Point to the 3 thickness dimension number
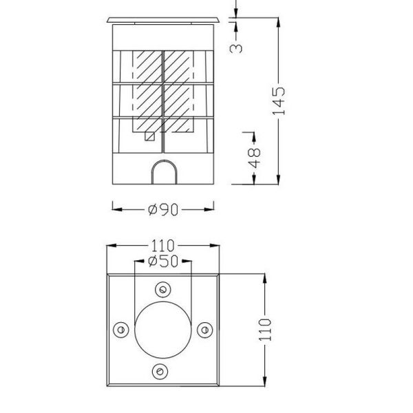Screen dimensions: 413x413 tap(237, 47)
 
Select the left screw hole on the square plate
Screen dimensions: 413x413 tap(121, 330)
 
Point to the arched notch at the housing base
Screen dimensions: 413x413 tap(163, 173)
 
